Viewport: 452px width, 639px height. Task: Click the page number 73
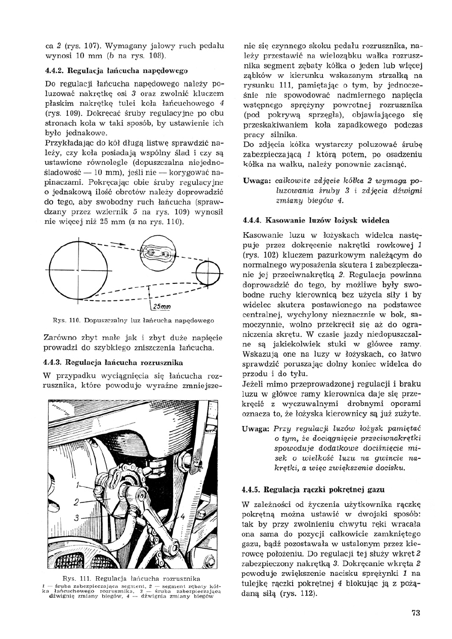click(x=416, y=614)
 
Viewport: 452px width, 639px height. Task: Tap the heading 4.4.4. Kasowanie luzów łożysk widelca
click(x=316, y=221)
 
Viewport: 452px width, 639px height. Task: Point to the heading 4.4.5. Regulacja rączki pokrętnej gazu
click(x=314, y=490)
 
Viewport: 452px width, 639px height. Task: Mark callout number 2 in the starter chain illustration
click(x=75, y=502)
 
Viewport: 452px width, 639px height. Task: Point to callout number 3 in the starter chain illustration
click(x=75, y=518)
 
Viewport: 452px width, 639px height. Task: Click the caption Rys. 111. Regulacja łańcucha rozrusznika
click(x=133, y=578)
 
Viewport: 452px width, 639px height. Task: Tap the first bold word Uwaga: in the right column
click(x=256, y=181)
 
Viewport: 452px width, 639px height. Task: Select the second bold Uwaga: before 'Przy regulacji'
click(x=256, y=427)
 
